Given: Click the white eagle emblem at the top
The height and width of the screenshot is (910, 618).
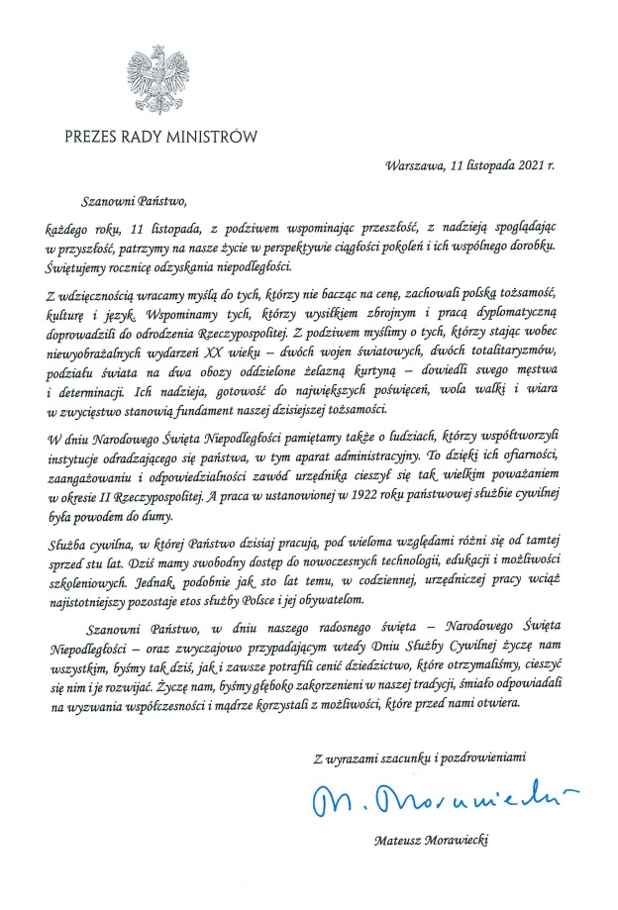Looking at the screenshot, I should pos(157,77).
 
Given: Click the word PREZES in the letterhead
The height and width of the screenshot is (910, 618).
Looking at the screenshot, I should pos(93,137).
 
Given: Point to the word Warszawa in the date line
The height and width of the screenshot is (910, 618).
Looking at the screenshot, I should pos(416,164).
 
